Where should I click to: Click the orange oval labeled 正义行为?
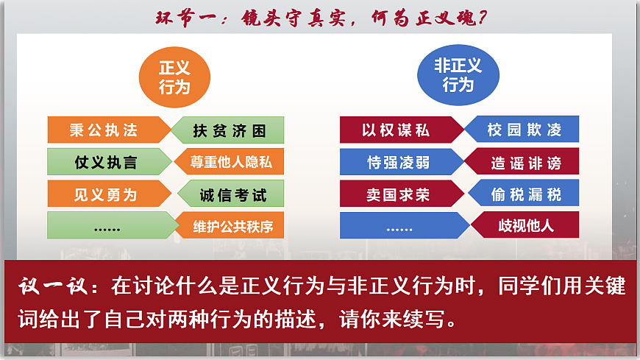coord(174,77)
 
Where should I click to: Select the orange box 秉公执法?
coord(104,130)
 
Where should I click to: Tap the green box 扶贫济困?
coord(230,131)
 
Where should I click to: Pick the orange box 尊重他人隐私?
coord(232,162)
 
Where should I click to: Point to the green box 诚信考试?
coord(232,195)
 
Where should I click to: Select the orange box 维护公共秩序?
coord(232,226)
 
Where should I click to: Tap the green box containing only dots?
coord(107,226)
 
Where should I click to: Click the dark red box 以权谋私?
coord(397,130)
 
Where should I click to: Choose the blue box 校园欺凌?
coord(525,130)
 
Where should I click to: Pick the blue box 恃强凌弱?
coord(398,162)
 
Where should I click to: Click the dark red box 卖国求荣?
coord(397,194)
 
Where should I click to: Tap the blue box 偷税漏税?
coord(525,194)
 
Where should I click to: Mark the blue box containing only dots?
coord(399,226)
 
